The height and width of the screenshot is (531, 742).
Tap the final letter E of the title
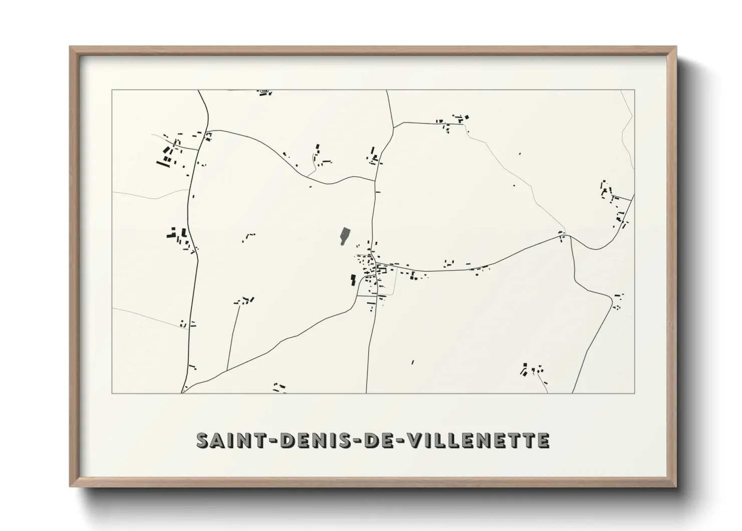tap(543, 440)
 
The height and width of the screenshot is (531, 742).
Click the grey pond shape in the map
tap(344, 236)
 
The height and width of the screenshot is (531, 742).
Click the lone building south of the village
tap(413, 361)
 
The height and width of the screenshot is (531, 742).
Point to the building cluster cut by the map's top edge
tap(264, 92)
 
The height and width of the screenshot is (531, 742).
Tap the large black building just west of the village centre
tap(353, 280)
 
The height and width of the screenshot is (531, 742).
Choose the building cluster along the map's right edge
tap(614, 203)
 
